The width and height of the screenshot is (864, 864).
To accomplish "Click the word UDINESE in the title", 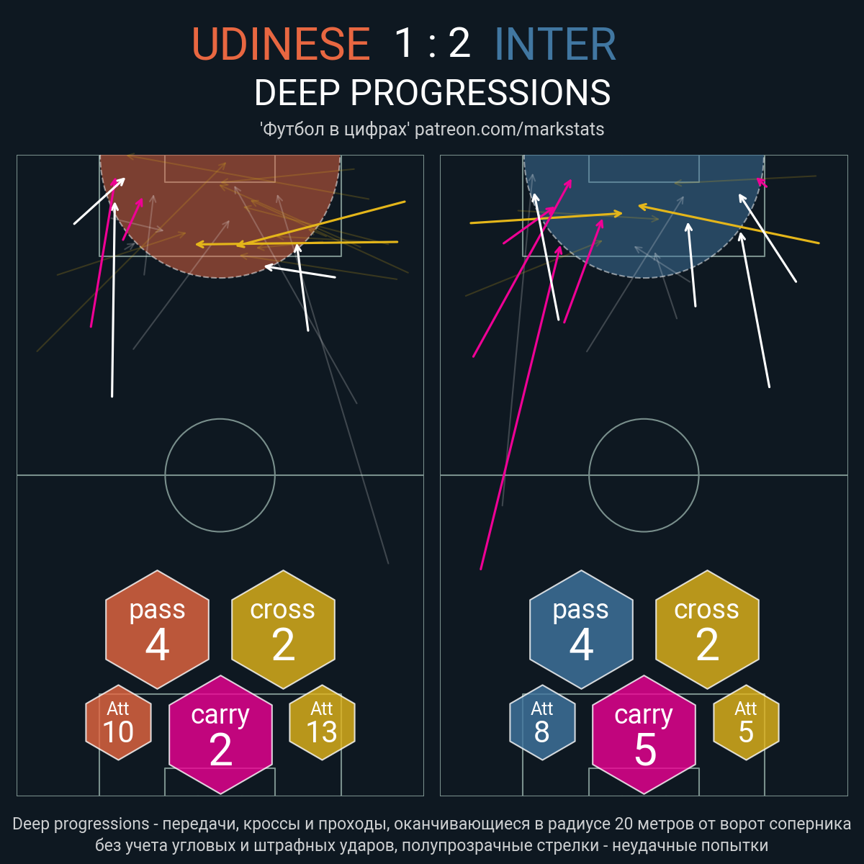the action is (x=281, y=44).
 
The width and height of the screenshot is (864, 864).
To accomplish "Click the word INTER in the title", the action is (x=555, y=44).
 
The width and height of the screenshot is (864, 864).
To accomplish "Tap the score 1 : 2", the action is (x=432, y=43).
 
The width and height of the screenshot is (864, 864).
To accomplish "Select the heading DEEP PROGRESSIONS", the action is (x=432, y=93).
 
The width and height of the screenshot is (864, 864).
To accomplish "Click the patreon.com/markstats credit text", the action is (x=509, y=129).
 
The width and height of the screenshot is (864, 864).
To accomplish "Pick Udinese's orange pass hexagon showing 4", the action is (x=158, y=629).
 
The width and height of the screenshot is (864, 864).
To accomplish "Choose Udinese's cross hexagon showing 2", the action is (x=284, y=629).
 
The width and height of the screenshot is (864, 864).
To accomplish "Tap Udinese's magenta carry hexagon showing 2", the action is (x=220, y=734).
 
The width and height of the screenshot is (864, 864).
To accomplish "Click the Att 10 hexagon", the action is (x=118, y=722).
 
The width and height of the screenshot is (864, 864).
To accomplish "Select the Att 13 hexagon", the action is (x=323, y=722).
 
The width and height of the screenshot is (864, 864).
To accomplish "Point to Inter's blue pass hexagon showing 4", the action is (x=582, y=629).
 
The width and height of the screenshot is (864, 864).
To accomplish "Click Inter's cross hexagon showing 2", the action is (x=708, y=629).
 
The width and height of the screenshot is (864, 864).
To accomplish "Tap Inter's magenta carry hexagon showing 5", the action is (x=644, y=734).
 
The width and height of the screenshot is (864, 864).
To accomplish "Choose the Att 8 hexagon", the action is (x=543, y=722).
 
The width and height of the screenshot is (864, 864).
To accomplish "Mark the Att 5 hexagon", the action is (x=746, y=722).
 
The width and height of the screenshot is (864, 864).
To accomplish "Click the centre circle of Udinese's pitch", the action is (x=220, y=419).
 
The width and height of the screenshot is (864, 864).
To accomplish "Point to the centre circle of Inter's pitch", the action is (x=644, y=419).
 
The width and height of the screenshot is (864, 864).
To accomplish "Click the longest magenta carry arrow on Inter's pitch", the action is (x=521, y=408).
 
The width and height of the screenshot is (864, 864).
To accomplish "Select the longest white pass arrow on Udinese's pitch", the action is (x=114, y=300).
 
